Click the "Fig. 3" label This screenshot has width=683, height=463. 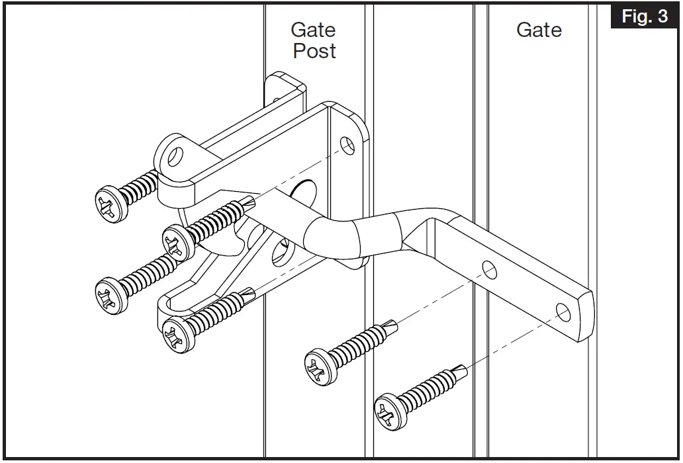click(645, 17)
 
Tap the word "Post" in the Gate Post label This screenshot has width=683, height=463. click(314, 52)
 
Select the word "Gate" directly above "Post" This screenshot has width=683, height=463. click(314, 30)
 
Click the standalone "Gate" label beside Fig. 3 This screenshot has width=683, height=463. click(539, 30)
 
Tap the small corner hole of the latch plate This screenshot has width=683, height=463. click(346, 144)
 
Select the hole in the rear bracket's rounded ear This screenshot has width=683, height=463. click(175, 157)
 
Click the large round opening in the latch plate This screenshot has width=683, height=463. click(300, 192)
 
